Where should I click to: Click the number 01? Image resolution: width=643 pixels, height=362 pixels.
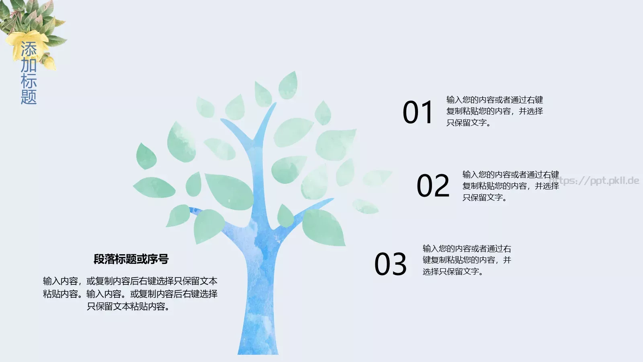[418, 112]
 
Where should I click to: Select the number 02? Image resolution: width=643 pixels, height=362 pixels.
[433, 186]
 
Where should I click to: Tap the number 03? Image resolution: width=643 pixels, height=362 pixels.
[390, 264]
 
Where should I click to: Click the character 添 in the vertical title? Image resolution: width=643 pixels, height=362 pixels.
[29, 49]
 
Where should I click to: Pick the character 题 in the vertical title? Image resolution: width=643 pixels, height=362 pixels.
[29, 97]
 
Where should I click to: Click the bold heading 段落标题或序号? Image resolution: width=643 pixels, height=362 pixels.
[131, 259]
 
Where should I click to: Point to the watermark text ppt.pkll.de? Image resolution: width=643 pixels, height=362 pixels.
[603, 181]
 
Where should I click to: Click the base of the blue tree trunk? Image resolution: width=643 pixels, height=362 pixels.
[258, 346]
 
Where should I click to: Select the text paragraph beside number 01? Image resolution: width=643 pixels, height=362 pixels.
[494, 111]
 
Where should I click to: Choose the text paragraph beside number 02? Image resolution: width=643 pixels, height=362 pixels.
[510, 186]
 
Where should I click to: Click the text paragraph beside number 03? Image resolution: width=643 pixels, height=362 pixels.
[467, 260]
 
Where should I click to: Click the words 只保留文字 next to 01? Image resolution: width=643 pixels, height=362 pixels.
[467, 123]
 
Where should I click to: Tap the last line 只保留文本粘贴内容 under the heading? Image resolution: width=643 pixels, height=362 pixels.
[128, 306]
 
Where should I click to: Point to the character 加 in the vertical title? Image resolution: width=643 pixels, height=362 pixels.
[29, 65]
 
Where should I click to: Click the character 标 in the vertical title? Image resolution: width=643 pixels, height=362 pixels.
[29, 81]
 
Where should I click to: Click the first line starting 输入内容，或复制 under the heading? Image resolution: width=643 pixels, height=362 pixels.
[130, 281]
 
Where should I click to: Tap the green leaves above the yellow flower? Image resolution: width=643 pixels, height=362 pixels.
[32, 16]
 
